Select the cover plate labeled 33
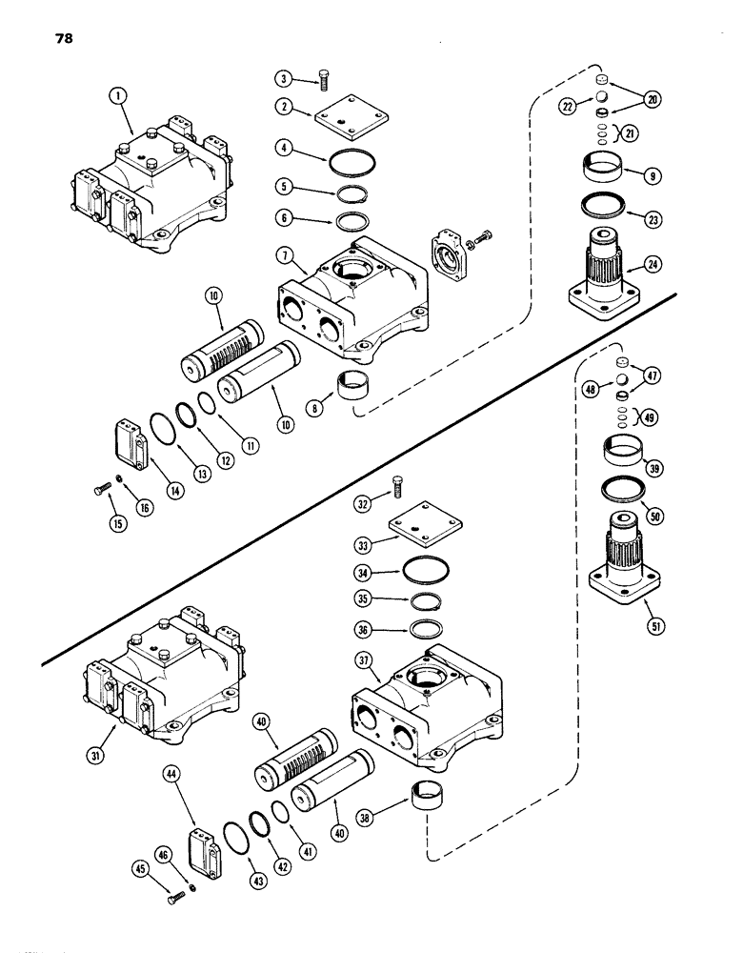point(421,530)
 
